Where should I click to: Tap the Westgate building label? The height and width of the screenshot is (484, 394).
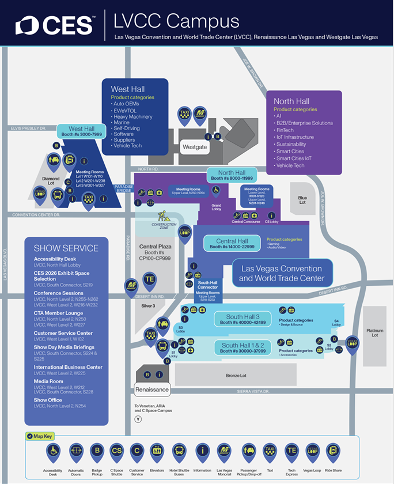coord(195,147)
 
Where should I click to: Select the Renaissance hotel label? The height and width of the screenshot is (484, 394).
coord(153,390)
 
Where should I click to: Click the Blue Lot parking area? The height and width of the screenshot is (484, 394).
coord(302,199)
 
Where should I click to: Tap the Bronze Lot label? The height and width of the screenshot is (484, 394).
coord(237,376)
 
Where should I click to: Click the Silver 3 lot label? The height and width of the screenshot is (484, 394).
coord(149,306)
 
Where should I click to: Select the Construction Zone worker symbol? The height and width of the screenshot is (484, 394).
coord(164,216)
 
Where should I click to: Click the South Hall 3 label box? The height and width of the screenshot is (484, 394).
coord(243,319)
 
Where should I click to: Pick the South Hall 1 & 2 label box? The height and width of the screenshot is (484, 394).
coord(243,348)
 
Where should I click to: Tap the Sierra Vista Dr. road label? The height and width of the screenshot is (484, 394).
coord(253,391)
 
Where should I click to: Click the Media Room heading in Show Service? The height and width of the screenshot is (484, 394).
coord(46,381)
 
